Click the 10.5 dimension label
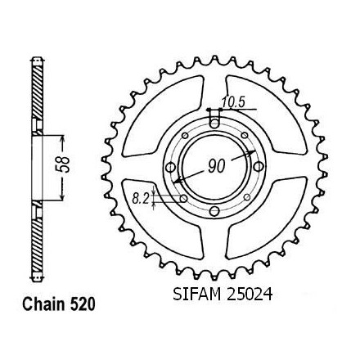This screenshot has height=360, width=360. tap(233, 102)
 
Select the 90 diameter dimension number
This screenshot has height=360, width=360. tap(217, 166)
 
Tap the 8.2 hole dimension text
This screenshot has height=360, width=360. tap(140, 199)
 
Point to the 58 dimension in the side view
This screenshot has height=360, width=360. tap(65, 164)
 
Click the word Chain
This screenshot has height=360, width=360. tap(43, 304)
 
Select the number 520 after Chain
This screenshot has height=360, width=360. tap(83, 304)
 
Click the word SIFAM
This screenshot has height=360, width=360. tap(197, 295)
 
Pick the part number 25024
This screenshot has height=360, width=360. tap(250, 295)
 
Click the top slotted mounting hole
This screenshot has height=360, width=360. tap(215, 119)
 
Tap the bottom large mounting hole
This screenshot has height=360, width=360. tap(215, 210)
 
